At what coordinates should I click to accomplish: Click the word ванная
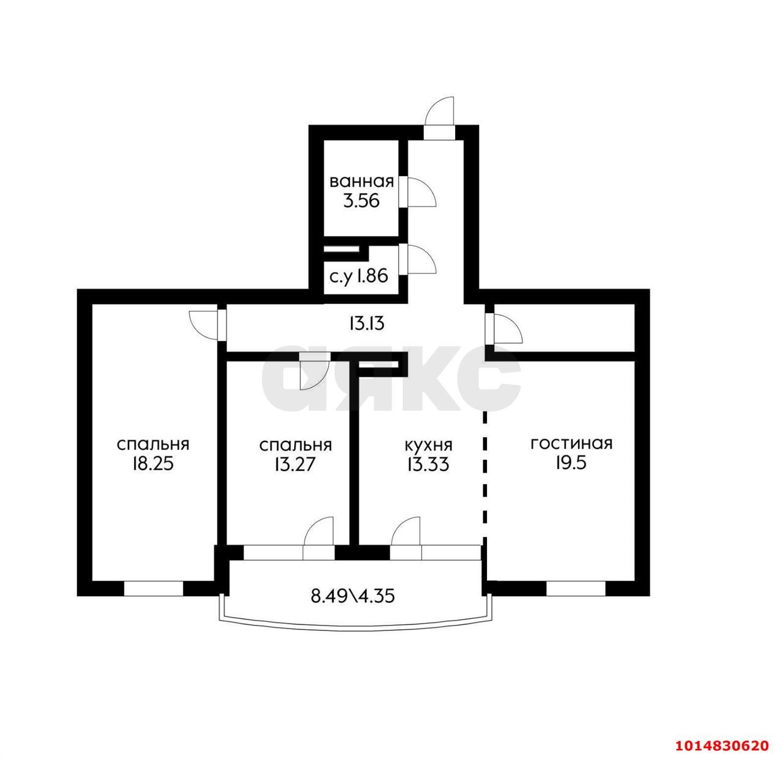pyautogui.click(x=361, y=182)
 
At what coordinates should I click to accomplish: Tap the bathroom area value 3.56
pyautogui.click(x=361, y=201)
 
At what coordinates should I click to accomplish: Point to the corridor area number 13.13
pyautogui.click(x=366, y=323)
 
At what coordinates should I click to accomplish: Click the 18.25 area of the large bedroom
pyautogui.click(x=153, y=463)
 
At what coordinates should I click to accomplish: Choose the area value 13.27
pyautogui.click(x=295, y=464)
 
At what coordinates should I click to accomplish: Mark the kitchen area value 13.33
pyautogui.click(x=428, y=464)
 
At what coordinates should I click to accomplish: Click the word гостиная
pyautogui.click(x=571, y=443)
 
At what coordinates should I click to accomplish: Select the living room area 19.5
pyautogui.click(x=571, y=463)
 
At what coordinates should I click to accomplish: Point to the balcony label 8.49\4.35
pyautogui.click(x=352, y=595)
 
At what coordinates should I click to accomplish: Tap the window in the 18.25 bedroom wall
pyautogui.click(x=154, y=588)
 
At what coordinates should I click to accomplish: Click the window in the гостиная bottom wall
pyautogui.click(x=575, y=588)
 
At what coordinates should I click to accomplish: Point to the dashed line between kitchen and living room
pyautogui.click(x=485, y=474)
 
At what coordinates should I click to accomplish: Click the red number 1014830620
pyautogui.click(x=721, y=745)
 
